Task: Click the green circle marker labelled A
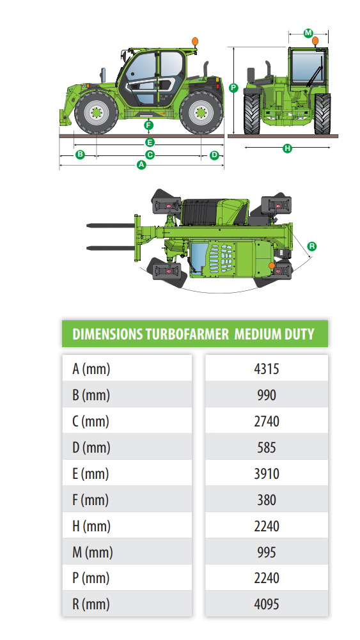pyautogui.click(x=142, y=165)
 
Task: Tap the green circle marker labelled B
pyautogui.click(x=80, y=155)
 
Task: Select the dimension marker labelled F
pyautogui.click(x=148, y=125)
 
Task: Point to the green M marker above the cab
pyautogui.click(x=308, y=32)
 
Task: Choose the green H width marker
pyautogui.click(x=287, y=148)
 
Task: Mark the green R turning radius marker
pyautogui.click(x=311, y=246)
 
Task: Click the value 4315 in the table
pyautogui.click(x=266, y=369)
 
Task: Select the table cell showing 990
pyautogui.click(x=266, y=395)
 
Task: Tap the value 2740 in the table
pyautogui.click(x=266, y=421)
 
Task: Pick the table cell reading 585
pyautogui.click(x=266, y=448)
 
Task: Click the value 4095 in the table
pyautogui.click(x=266, y=604)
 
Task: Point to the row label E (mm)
pyautogui.click(x=90, y=474)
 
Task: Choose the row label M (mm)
pyautogui.click(x=92, y=552)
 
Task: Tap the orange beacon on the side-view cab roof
pyautogui.click(x=194, y=42)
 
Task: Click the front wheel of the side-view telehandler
pyautogui.click(x=96, y=114)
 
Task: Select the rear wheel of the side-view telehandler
pyautogui.click(x=201, y=113)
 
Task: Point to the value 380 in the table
pyautogui.click(x=266, y=500)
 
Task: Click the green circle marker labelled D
pyautogui.click(x=214, y=155)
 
